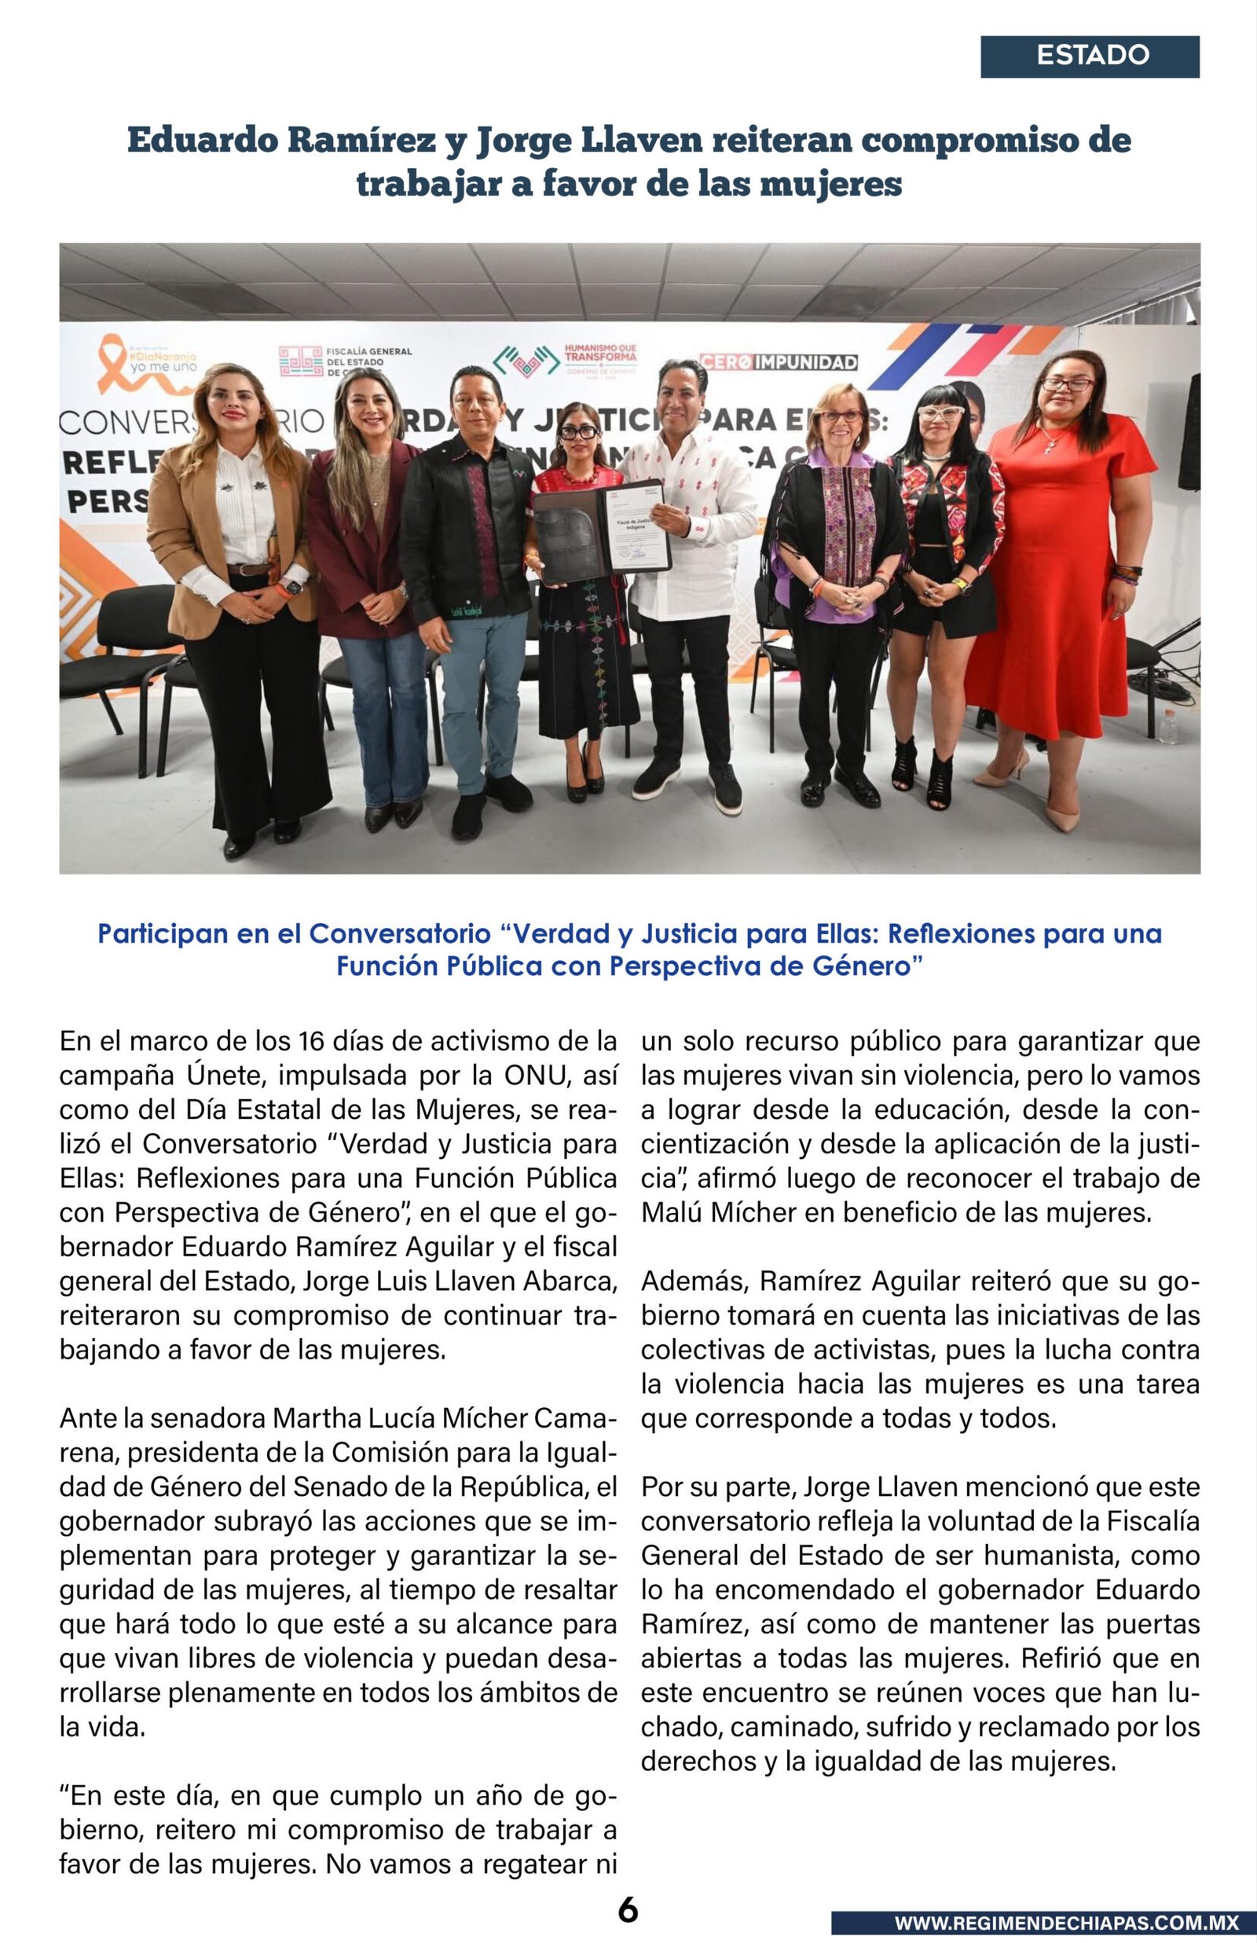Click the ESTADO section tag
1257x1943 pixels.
click(1090, 57)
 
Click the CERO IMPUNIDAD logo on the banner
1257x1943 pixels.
click(777, 362)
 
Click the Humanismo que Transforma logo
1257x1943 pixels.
click(566, 358)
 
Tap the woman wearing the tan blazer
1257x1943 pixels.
click(236, 588)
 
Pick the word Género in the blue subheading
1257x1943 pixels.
click(867, 966)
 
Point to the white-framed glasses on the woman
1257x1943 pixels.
click(940, 413)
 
